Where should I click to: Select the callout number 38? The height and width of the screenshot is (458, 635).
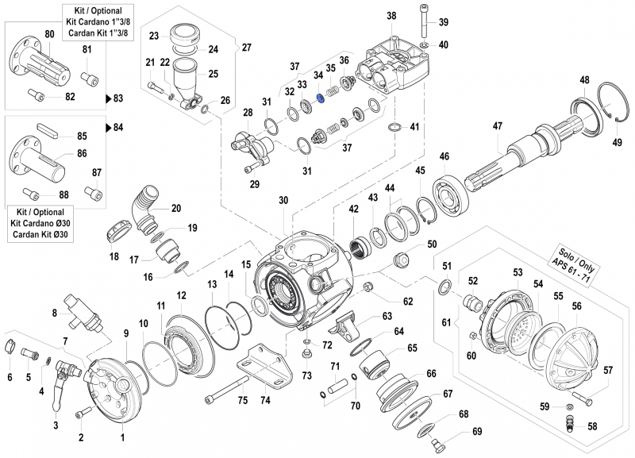tap(391, 16)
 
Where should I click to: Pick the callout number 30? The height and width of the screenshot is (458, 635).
tap(283, 202)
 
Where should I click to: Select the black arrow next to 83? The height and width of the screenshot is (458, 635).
tap(108, 99)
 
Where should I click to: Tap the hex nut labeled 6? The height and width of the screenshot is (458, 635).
tap(11, 346)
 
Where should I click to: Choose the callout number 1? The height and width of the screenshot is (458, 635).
tap(122, 438)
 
